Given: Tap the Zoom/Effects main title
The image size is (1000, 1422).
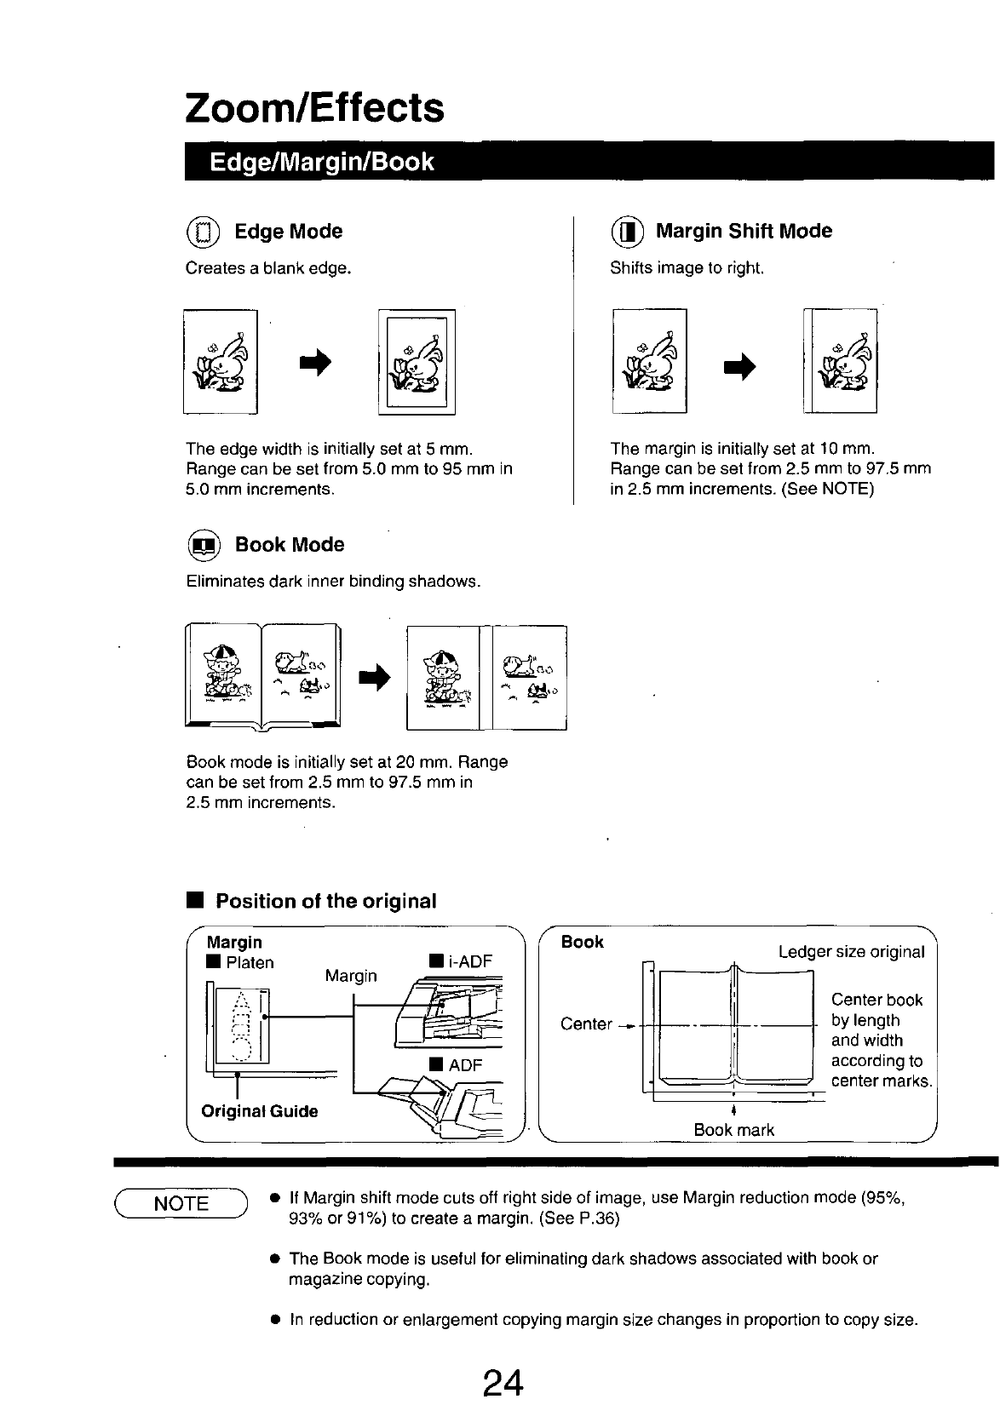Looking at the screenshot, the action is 314,108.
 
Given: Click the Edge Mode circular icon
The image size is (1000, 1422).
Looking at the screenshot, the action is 203,232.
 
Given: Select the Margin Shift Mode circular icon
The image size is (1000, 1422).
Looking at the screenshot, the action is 627,232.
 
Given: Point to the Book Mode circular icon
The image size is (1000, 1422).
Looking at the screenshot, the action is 204,545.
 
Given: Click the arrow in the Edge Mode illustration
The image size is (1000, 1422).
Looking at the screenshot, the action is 315,363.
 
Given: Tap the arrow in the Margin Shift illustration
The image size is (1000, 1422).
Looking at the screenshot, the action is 739,366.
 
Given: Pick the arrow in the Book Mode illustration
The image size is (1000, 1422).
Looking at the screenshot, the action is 375,678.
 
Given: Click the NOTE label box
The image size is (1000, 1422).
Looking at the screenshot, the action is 181,1203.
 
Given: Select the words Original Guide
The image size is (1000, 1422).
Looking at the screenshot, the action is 259,1111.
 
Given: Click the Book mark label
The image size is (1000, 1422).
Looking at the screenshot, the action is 733,1130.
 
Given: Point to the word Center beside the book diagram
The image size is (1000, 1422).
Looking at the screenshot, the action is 586,1024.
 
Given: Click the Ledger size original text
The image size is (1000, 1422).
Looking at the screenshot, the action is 852,952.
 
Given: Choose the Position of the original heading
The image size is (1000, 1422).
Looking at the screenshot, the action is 325,901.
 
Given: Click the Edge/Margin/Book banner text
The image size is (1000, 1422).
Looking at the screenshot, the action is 321,162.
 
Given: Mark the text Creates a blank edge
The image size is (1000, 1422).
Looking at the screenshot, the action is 268,268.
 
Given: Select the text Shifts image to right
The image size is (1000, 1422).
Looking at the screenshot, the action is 687,268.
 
